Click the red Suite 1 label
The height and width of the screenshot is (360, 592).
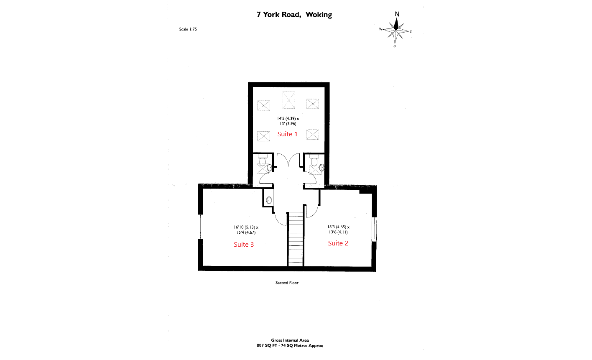pos(287,134)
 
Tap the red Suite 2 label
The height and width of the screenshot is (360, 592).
pos(338,243)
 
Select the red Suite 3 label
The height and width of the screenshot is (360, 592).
pos(243,245)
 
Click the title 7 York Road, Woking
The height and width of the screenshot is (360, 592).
pos(294,15)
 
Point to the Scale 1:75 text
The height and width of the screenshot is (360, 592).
pos(188,29)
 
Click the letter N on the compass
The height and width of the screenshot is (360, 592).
pos(397,14)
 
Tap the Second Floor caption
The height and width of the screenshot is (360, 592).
pos(287,283)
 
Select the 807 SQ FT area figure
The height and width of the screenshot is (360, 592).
pos(268,346)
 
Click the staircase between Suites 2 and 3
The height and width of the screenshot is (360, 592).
pos(295,238)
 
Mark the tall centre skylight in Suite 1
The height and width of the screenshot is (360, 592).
pos(288,100)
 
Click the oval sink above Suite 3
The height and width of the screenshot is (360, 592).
pos(269,200)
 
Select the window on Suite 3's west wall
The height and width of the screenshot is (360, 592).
pos(200,226)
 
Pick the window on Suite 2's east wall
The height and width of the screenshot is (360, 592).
pos(374,229)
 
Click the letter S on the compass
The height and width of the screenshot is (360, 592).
pos(395,46)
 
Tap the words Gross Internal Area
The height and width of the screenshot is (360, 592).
pos(290,340)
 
